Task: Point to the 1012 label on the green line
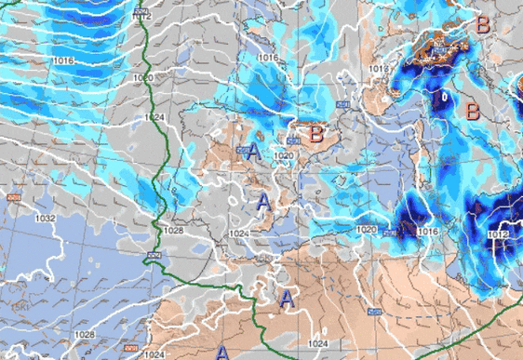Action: (x=141, y=17)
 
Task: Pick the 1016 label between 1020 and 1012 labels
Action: (x=428, y=231)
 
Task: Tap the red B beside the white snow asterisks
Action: (x=482, y=25)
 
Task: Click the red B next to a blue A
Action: (x=316, y=135)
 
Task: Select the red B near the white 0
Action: (x=472, y=112)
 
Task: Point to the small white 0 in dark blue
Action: (x=445, y=96)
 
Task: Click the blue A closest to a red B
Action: (x=253, y=151)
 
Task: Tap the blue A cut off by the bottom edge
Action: (x=222, y=353)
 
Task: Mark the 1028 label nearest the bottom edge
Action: (x=84, y=334)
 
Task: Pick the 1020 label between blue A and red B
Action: (x=285, y=154)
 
